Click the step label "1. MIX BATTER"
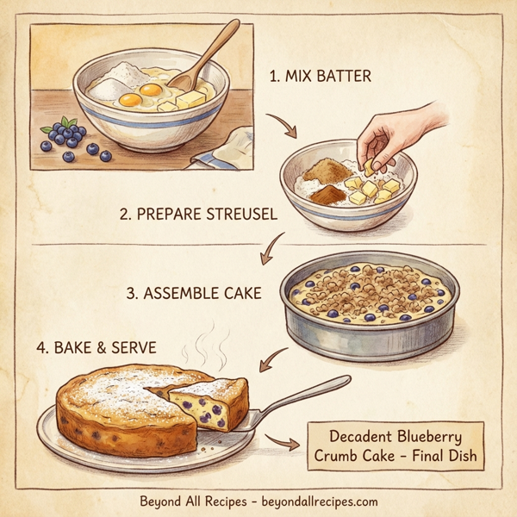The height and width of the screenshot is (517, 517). click(320, 77)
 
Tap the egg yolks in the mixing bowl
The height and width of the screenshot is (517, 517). click(143, 94)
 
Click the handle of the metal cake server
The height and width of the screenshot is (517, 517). click(310, 392)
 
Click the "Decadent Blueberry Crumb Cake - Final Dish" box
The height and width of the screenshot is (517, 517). click(396, 445)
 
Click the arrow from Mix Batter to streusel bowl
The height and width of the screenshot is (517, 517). click(283, 127)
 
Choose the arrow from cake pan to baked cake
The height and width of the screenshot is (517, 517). click(275, 358)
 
